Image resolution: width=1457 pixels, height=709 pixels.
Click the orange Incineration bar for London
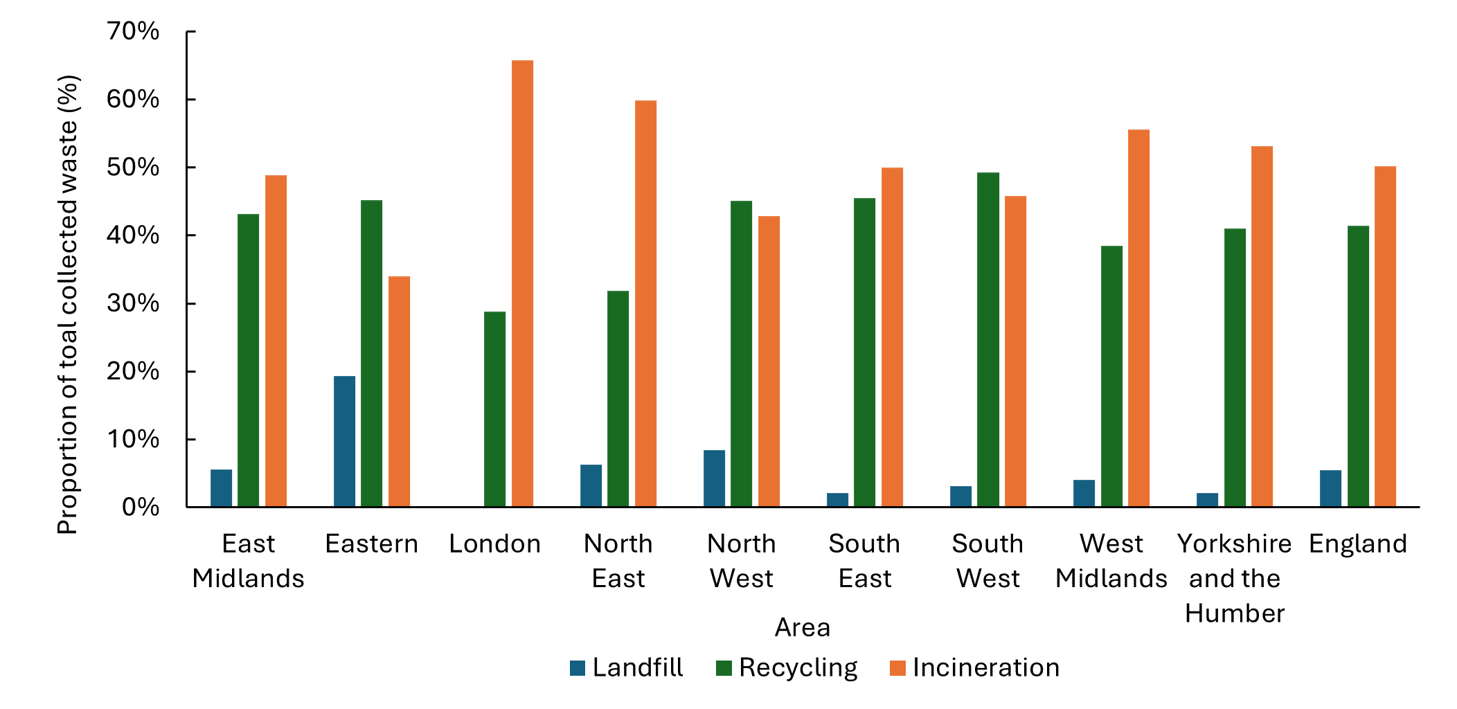tap(522, 284)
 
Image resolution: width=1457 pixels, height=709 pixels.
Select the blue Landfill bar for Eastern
tap(344, 442)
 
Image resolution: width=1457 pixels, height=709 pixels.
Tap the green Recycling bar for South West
tap(988, 339)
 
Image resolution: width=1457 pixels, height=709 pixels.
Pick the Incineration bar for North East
tap(645, 304)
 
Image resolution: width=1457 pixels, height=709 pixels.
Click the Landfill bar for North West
tap(714, 478)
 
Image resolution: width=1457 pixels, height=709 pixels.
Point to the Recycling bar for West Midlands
tap(1111, 377)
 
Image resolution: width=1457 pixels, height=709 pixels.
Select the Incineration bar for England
tap(1385, 336)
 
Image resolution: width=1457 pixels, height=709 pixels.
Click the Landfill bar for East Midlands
tap(221, 488)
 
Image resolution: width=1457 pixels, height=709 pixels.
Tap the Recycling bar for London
tap(494, 409)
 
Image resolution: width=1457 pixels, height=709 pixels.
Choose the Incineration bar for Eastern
tap(399, 392)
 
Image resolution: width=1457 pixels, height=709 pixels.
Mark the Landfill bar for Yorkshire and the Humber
tap(1207, 500)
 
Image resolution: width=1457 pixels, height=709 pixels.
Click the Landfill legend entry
tap(626, 667)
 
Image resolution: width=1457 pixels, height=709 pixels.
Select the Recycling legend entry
tap(787, 667)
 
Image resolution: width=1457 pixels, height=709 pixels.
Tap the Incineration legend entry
tap(974, 667)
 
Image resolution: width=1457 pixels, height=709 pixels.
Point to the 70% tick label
tap(133, 31)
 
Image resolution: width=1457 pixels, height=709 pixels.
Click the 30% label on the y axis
tap(133, 303)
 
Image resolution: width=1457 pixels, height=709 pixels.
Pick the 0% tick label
tap(141, 508)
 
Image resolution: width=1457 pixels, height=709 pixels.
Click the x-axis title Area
tap(802, 627)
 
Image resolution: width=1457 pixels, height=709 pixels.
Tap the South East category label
tap(864, 561)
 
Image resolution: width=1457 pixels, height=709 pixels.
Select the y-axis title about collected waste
tap(68, 305)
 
